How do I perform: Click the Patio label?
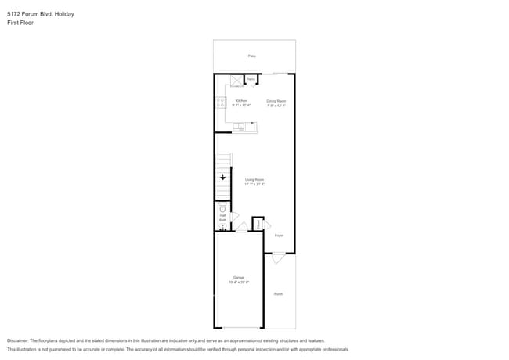pos(252,56)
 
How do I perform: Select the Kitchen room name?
pos(241,100)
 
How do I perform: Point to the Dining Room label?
pos(276,100)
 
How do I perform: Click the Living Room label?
pos(254,180)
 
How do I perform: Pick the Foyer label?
pos(279,234)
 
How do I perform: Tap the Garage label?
pos(239,278)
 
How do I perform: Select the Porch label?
pos(279,294)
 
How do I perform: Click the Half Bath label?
pos(222,218)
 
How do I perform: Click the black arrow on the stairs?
pos(223,178)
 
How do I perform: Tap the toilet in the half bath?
pos(222,209)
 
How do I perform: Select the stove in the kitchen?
pos(220,103)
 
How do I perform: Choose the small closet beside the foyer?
pos(258,223)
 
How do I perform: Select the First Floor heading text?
pos(20,23)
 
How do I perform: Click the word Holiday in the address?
pos(65,14)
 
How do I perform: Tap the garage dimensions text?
pos(239,283)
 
